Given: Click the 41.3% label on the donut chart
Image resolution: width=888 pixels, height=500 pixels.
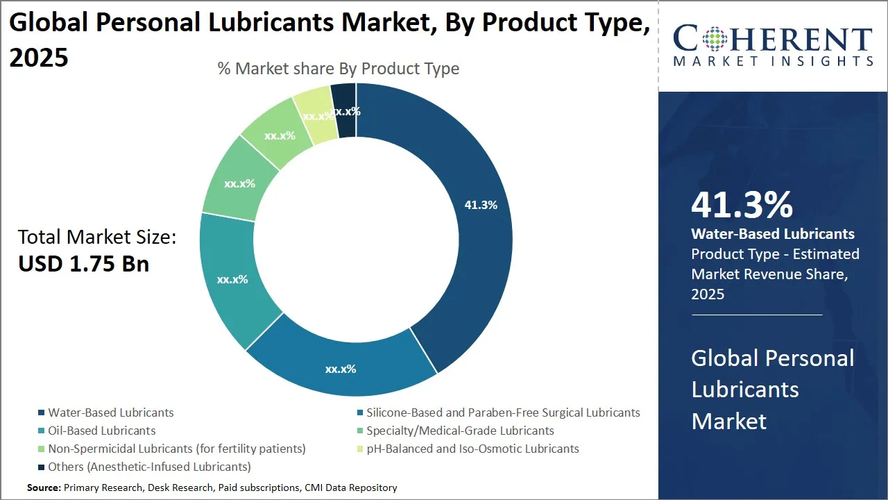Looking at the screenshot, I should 481,205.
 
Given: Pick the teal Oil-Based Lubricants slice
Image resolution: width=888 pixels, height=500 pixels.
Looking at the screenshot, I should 232,279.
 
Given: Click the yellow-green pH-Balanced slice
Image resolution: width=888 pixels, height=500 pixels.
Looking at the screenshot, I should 316,115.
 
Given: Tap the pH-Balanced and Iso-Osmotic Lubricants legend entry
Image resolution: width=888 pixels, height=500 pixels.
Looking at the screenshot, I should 472,449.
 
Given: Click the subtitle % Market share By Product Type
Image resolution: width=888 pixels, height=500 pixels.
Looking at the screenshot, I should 338,69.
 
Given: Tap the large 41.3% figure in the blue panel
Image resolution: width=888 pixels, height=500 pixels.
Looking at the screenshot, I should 742,206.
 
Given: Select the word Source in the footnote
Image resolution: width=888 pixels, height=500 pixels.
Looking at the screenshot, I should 44,488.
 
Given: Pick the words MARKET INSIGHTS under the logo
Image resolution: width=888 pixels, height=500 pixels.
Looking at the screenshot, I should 773,62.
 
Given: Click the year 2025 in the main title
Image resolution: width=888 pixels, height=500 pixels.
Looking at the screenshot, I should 39,57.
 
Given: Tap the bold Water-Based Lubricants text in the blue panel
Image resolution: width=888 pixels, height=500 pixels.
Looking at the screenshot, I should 773,234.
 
